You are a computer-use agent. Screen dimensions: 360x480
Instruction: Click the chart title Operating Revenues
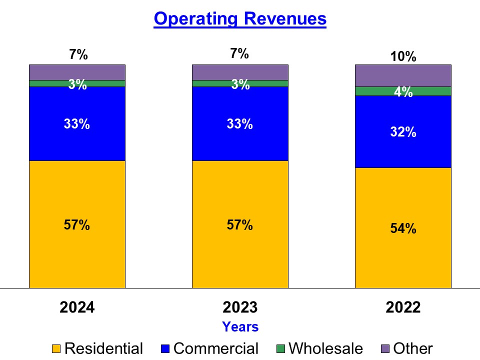240,18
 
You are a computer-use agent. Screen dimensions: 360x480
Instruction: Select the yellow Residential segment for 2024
77,255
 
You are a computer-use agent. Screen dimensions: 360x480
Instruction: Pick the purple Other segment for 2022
403,75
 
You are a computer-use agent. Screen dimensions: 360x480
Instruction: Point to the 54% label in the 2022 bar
403,228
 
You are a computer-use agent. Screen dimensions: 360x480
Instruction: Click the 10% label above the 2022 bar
403,56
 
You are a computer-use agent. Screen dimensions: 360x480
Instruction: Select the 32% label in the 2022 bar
403,132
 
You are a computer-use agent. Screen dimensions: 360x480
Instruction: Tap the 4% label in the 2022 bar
403,92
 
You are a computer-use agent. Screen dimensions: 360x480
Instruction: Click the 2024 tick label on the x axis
77,307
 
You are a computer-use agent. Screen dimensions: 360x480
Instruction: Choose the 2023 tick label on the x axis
240,307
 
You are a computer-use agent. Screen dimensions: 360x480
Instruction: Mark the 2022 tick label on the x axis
403,307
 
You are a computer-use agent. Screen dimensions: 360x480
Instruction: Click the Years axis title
240,327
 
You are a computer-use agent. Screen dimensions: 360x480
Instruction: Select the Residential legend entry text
103,348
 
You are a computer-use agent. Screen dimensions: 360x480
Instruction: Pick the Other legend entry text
413,348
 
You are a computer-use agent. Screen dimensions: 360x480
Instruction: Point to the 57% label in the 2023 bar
240,225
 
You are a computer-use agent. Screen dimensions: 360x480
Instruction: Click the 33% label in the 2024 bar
77,124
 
